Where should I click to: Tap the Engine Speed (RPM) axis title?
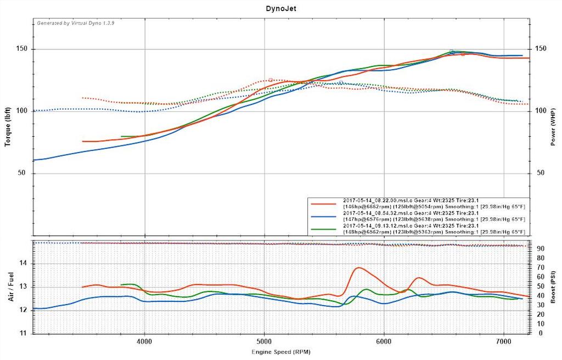(280, 351)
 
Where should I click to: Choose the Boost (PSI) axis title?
(554, 287)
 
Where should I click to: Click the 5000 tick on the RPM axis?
(265, 341)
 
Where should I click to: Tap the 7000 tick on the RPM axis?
(504, 341)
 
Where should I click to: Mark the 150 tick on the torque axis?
(23, 49)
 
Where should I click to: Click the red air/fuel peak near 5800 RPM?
(358, 268)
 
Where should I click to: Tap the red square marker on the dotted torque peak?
(271, 80)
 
